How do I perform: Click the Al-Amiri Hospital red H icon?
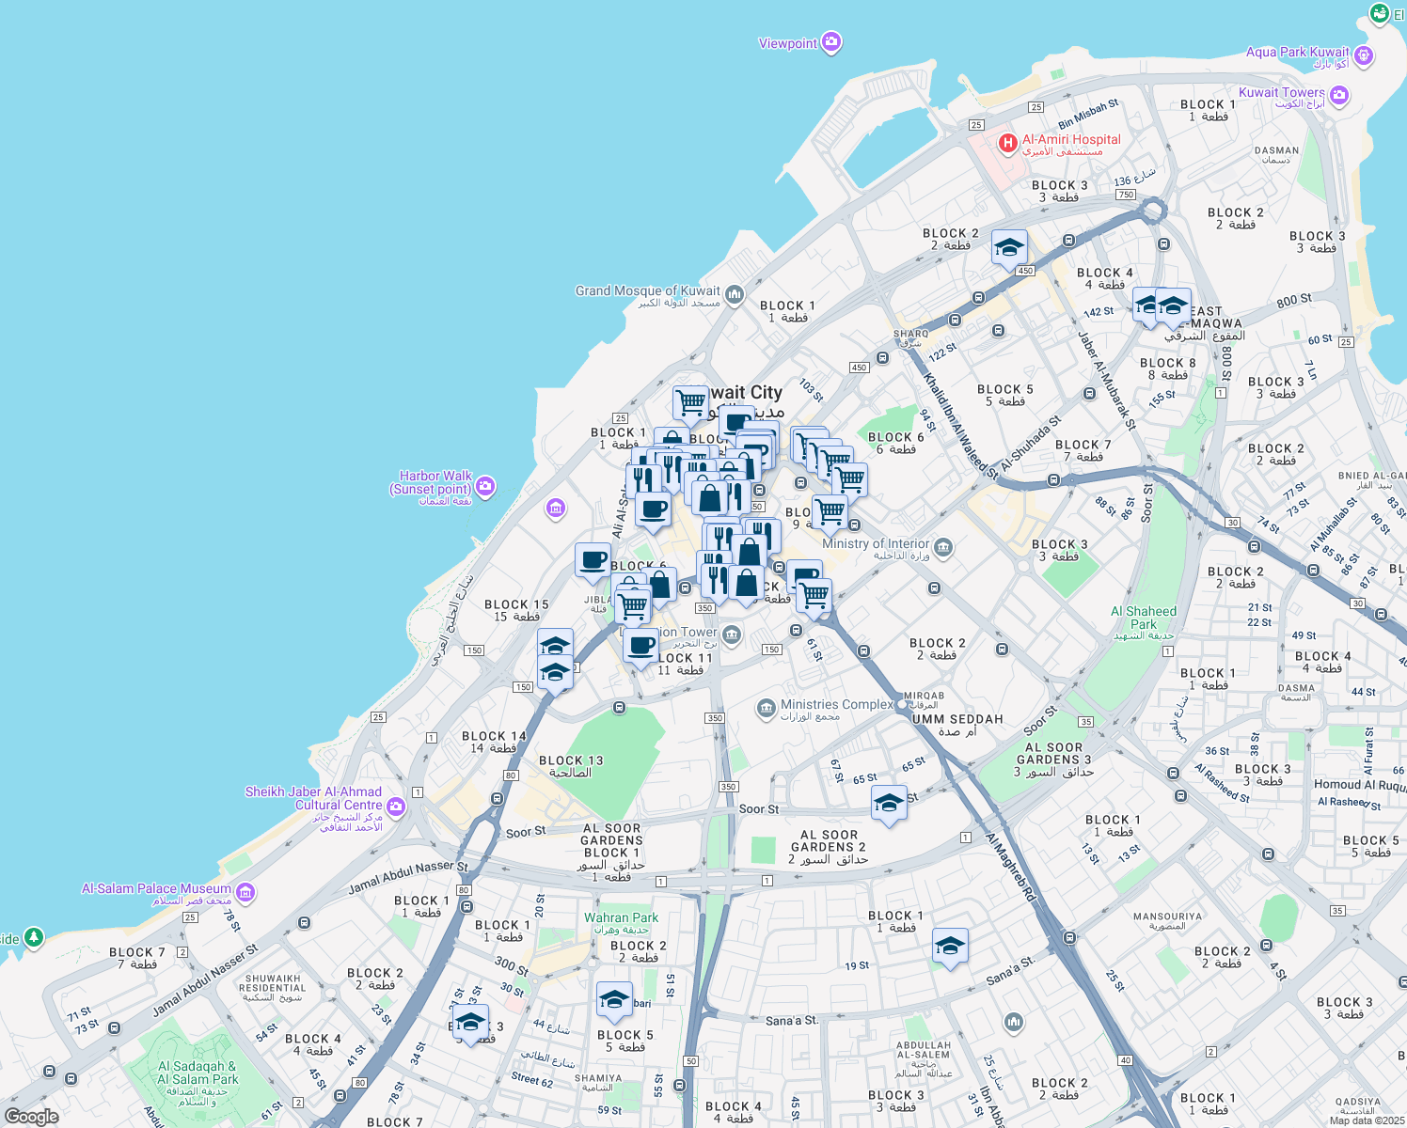point(1007,144)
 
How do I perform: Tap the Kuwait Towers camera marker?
point(1339,95)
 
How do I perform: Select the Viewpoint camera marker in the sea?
point(830,42)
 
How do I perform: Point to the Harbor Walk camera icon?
point(485,486)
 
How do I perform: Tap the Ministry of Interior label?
point(876,543)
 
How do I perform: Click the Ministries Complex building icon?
point(767,708)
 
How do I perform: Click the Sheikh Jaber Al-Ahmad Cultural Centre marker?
point(396,806)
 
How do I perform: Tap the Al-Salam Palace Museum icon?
point(245,891)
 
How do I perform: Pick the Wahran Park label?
point(621,917)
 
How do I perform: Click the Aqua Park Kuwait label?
point(1297,53)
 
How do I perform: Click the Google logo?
point(32,1117)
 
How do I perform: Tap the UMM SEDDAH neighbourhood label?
point(957,719)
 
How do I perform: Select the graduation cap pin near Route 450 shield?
point(1008,248)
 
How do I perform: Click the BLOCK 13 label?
point(571,760)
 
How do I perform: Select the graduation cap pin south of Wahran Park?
point(614,1000)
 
